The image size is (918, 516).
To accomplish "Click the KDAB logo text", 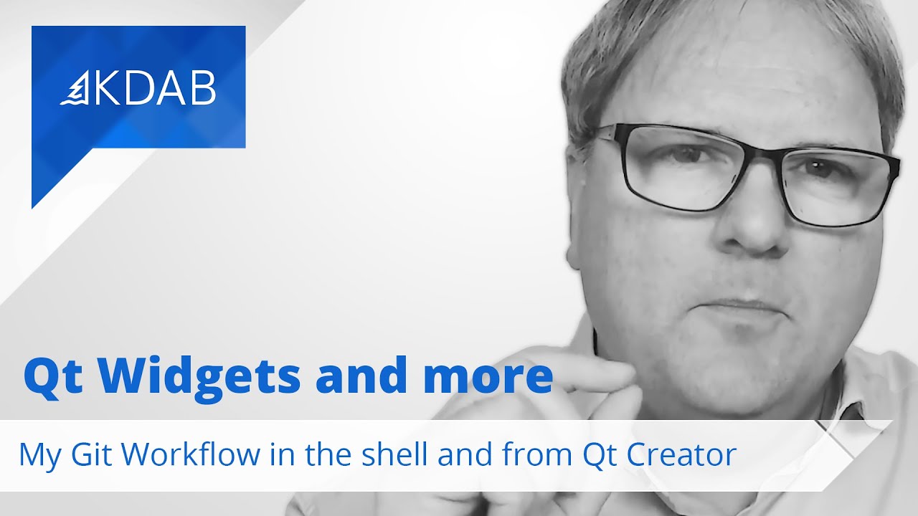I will (x=154, y=90).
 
